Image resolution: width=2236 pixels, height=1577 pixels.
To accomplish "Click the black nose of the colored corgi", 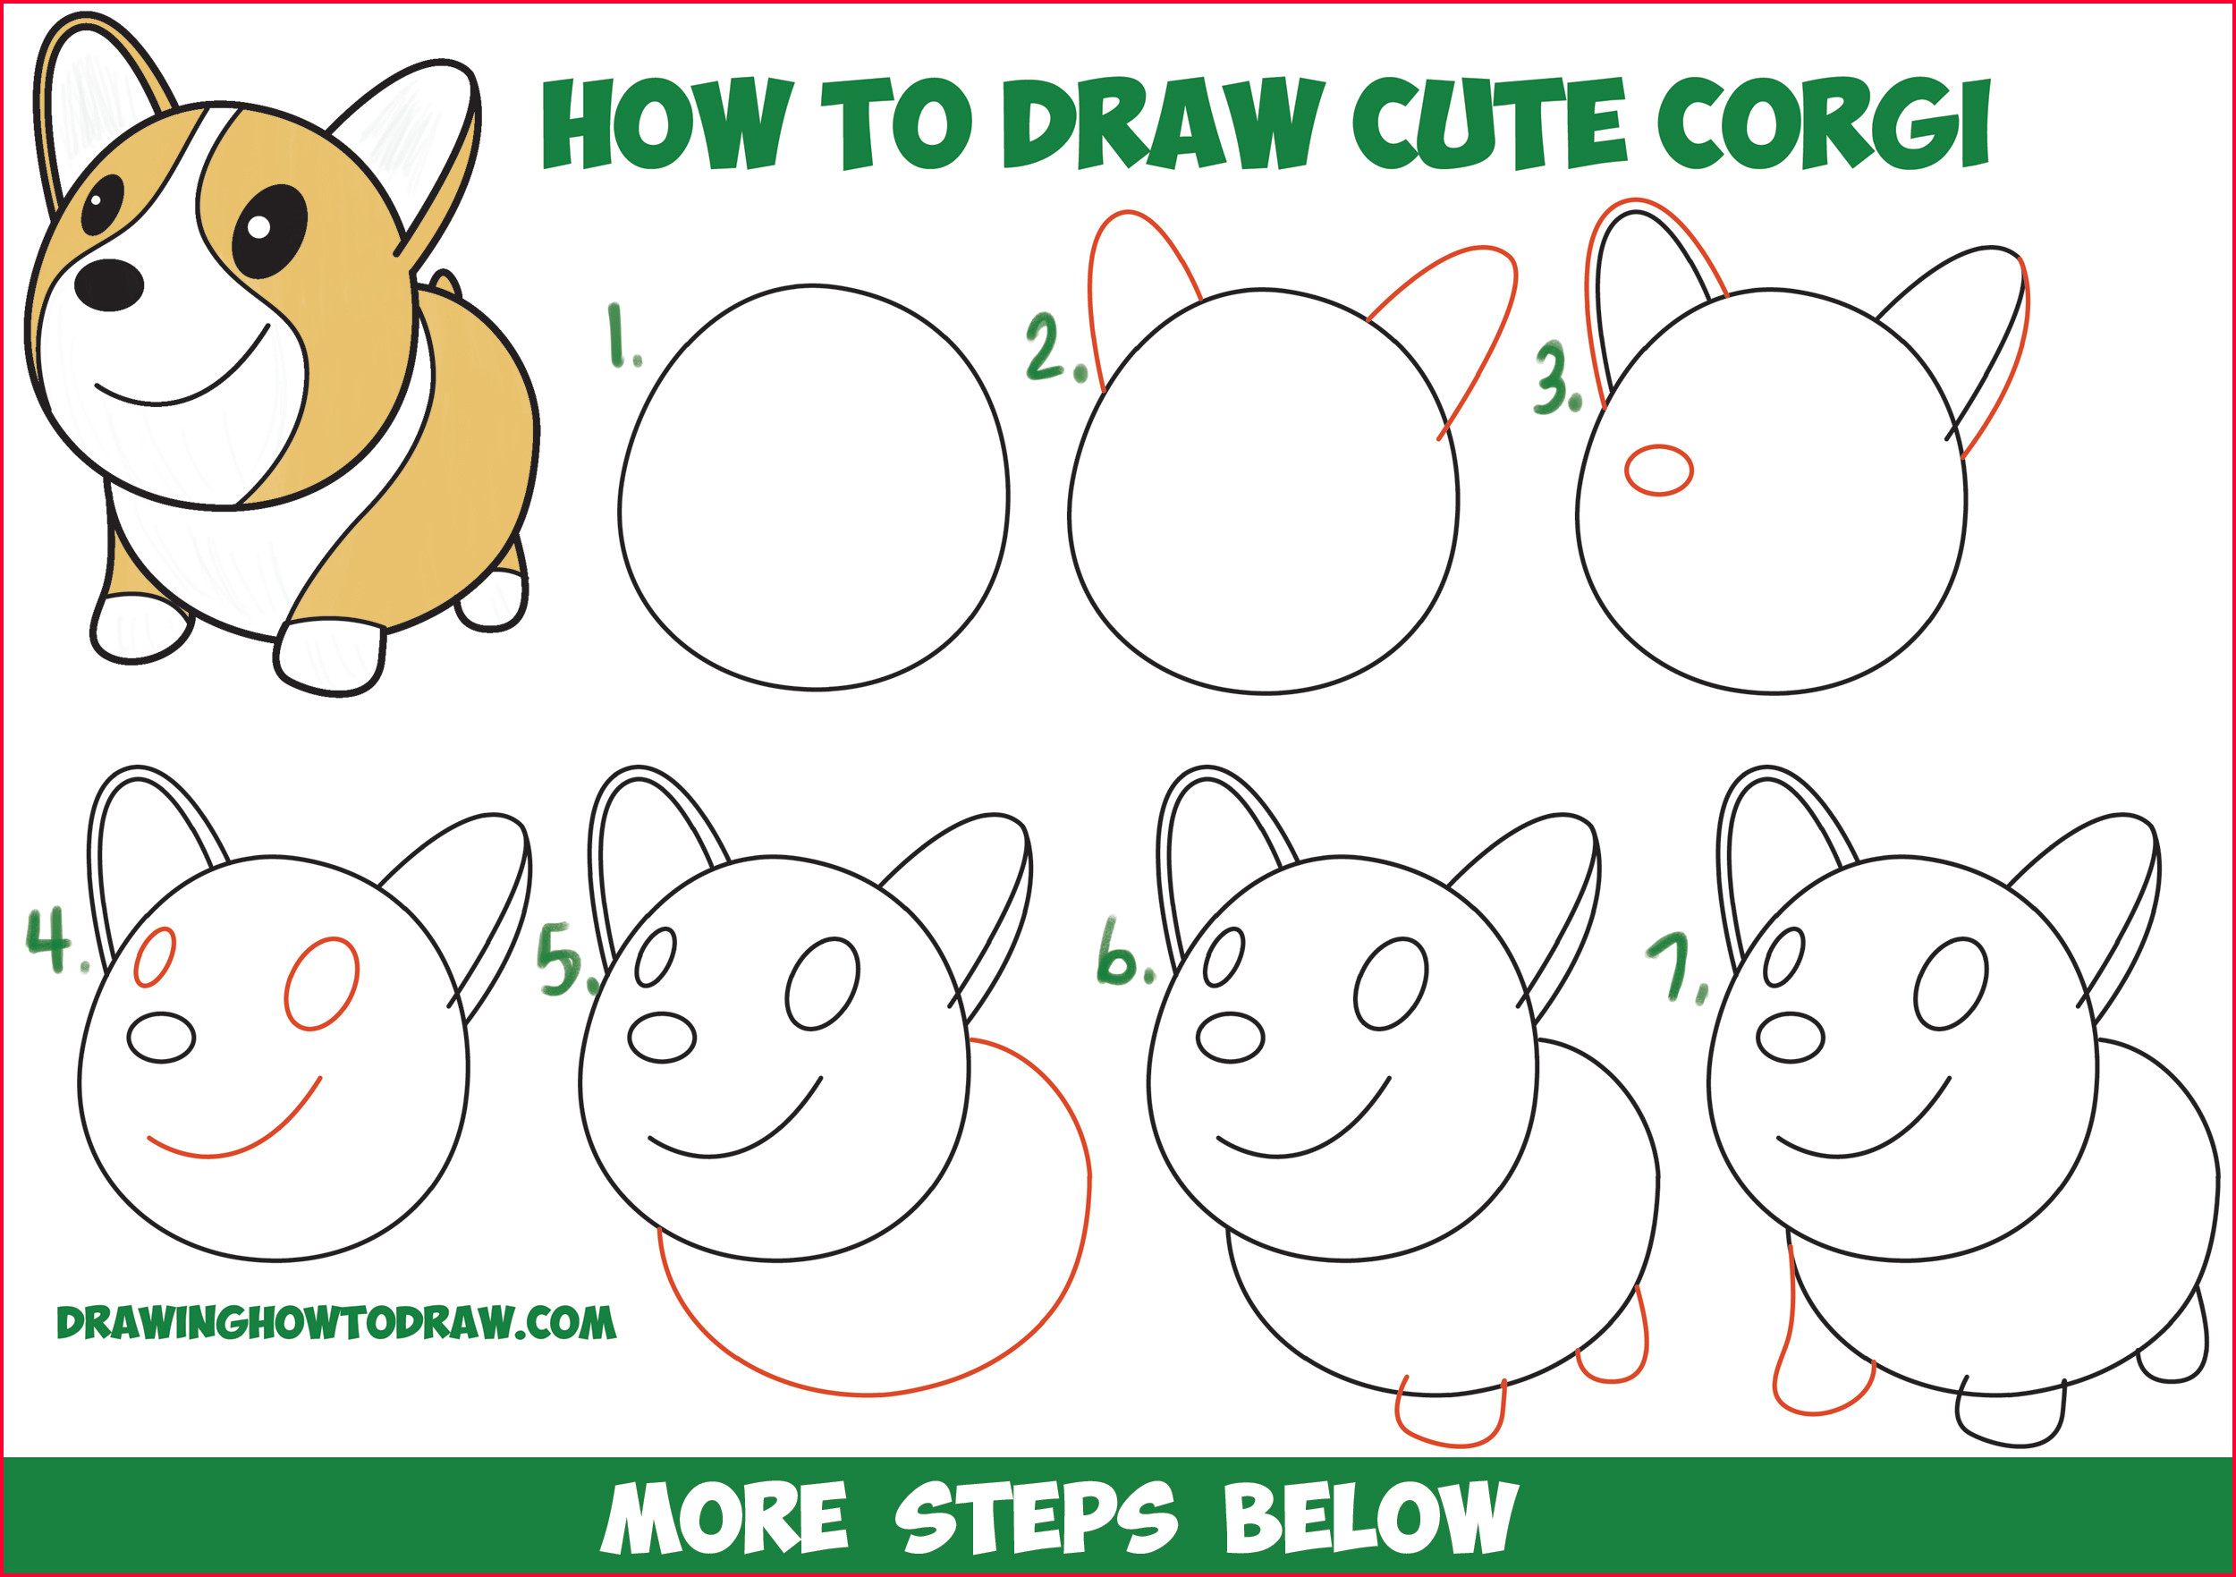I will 109,284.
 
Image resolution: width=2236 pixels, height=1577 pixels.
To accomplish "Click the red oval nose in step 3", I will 1658,471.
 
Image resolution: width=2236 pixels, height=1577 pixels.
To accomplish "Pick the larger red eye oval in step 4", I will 321,984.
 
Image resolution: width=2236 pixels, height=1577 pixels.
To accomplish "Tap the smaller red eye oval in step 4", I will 155,956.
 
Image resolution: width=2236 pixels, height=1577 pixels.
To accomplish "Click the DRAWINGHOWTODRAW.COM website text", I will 336,1323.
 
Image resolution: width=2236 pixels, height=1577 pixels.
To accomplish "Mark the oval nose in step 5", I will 661,1039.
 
